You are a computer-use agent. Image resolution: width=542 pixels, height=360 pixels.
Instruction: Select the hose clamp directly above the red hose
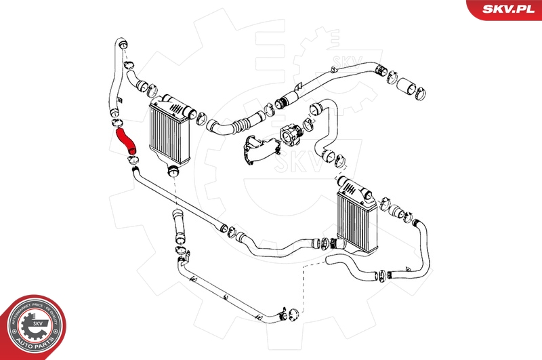click(116, 123)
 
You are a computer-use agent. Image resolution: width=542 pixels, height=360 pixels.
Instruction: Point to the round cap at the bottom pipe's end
click(293, 313)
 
